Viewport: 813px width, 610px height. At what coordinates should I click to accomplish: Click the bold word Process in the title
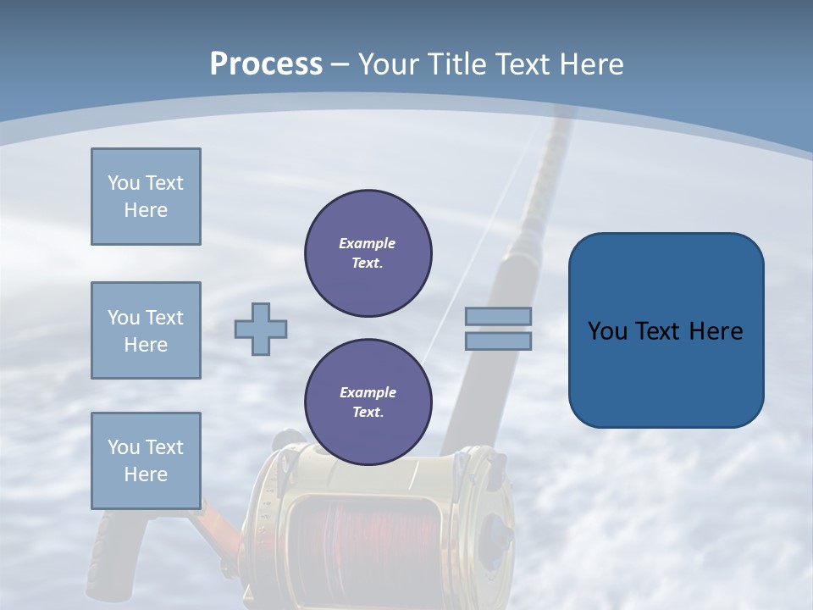266,64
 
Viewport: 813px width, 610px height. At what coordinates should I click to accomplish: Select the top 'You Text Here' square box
146,197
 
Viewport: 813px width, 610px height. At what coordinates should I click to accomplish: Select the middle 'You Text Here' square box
146,330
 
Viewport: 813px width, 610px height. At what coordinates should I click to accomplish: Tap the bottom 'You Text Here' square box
146,461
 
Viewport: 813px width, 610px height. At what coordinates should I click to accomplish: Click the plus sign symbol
260,329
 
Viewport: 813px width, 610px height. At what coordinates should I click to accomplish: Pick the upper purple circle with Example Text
368,253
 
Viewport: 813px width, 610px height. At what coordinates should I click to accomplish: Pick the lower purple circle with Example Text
368,402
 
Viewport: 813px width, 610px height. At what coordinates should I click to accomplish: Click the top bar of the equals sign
498,316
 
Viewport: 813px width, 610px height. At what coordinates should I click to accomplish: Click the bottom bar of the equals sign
498,341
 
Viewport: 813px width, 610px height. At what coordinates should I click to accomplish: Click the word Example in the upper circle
368,243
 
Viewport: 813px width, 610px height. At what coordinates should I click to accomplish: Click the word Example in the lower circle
368,392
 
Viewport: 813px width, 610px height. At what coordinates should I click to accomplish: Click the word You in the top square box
123,183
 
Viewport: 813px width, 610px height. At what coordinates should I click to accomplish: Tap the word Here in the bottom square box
146,474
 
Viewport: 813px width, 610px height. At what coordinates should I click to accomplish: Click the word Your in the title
389,64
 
